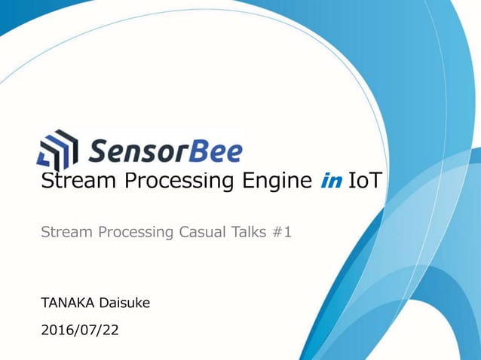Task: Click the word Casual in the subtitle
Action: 205,233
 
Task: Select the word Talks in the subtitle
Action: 249,233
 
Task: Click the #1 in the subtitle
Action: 282,233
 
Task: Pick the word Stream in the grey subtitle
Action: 63,233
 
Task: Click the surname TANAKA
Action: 66,303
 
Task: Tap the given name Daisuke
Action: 124,303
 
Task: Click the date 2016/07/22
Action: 79,330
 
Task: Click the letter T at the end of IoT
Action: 375,182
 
